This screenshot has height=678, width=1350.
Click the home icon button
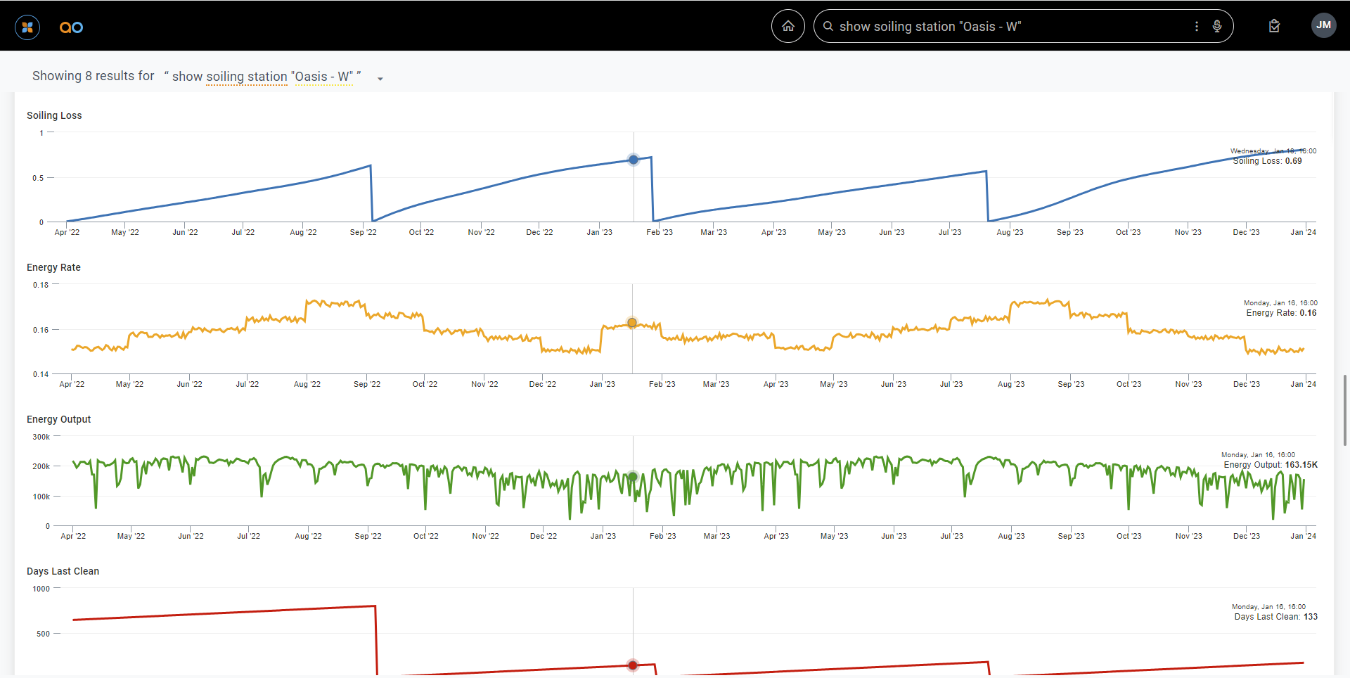pos(788,26)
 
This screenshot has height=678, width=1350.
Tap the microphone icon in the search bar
pos(1217,26)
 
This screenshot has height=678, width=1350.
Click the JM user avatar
pos(1323,25)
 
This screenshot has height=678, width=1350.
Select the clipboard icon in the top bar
pos(1274,26)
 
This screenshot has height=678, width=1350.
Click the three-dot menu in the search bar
pos(1197,26)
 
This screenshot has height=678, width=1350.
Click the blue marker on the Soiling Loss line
pos(634,160)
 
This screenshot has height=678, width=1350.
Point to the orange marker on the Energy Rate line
pos(632,323)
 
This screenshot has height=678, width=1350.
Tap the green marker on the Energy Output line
pos(633,477)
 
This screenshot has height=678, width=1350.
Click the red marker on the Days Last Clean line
pos(633,665)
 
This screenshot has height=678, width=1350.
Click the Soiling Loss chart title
pos(54,115)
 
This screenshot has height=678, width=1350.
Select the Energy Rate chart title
pos(53,267)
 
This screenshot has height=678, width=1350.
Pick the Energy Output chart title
pos(58,419)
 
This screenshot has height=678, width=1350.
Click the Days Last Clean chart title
pos(63,571)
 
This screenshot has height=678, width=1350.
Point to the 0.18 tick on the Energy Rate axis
pos(41,285)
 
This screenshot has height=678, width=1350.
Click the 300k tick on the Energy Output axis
pos(41,437)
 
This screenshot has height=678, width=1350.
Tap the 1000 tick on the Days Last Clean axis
pos(41,589)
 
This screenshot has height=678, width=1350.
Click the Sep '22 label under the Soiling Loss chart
pos(363,232)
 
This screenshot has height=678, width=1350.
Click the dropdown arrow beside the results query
pos(380,79)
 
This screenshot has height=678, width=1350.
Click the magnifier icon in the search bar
pos(828,26)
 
